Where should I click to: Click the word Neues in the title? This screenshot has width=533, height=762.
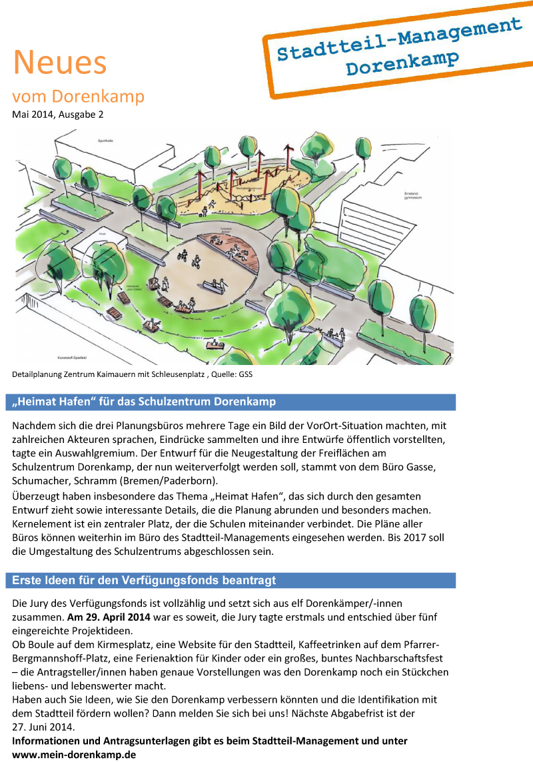[x=59, y=63]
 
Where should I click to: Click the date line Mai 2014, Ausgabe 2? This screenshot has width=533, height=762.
[x=58, y=115]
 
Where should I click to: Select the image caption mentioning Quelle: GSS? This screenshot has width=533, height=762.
[x=132, y=374]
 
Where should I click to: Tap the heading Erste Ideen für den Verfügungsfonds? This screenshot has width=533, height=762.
[x=144, y=581]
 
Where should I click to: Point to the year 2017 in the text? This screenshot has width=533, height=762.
[x=419, y=538]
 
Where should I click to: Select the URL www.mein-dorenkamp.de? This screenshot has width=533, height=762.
[x=74, y=755]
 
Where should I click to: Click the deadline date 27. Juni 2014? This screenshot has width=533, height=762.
[x=44, y=727]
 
